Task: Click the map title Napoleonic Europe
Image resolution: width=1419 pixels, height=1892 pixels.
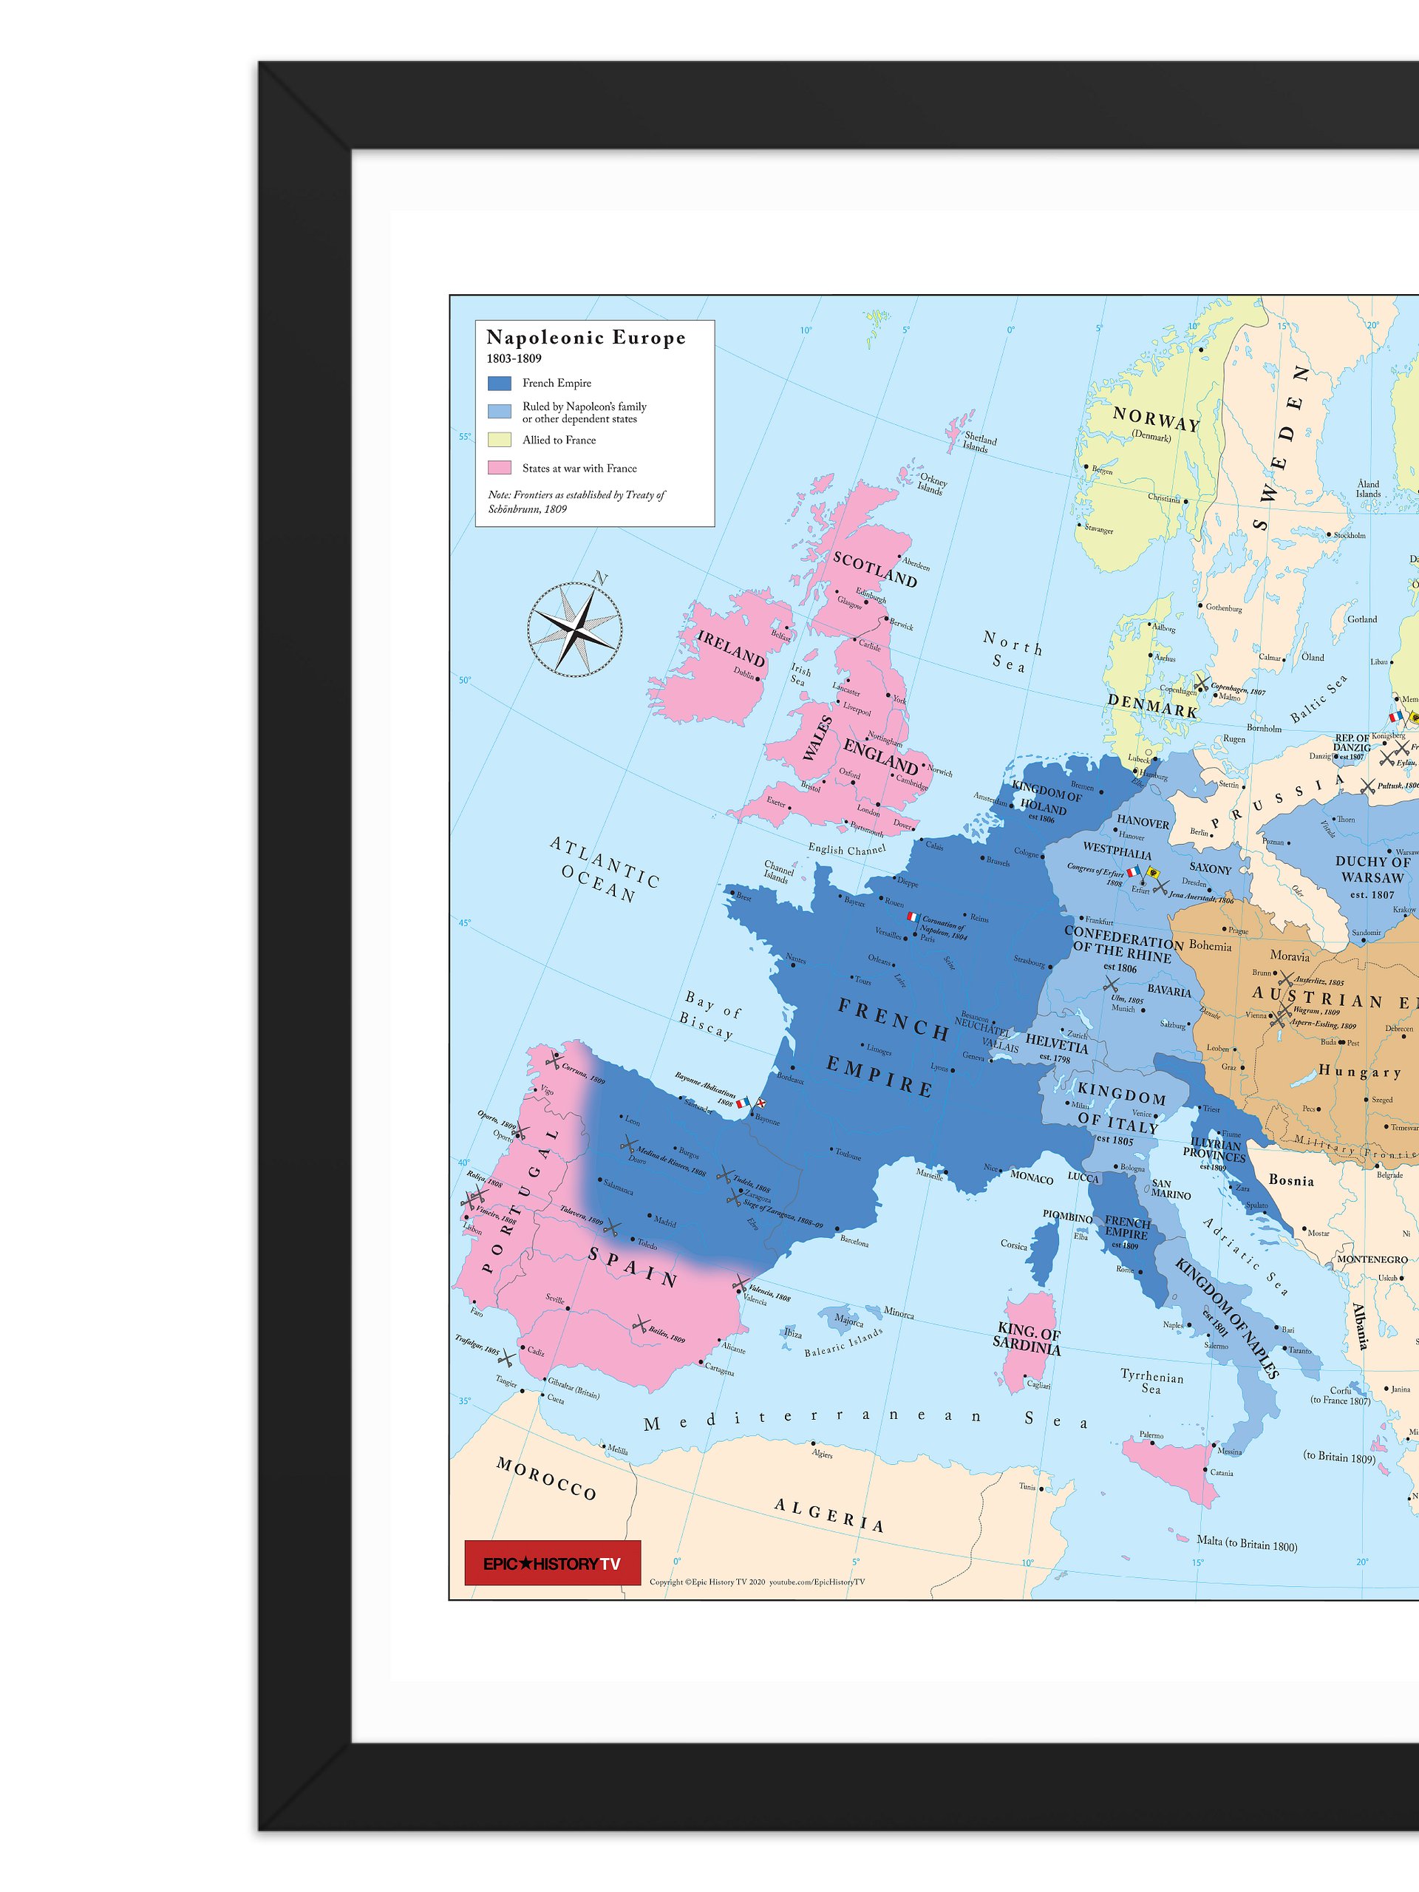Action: (x=586, y=338)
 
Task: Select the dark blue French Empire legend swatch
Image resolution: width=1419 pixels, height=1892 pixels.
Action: (x=500, y=383)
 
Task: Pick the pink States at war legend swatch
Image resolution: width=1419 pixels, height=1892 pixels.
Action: (x=500, y=468)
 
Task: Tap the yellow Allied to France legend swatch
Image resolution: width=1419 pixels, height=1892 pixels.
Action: (x=500, y=440)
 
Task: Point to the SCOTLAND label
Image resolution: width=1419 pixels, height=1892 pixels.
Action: (x=874, y=570)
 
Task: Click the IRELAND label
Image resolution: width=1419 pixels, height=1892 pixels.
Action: (x=730, y=648)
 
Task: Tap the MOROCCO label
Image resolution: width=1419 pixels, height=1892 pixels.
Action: (x=545, y=1479)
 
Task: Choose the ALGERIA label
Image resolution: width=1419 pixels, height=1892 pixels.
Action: (x=828, y=1515)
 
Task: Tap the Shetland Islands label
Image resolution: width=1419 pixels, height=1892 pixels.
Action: (x=979, y=442)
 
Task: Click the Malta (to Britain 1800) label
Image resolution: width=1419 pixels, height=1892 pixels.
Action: (x=1246, y=1543)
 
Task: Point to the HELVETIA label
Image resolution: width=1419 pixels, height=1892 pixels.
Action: (x=1056, y=1044)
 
